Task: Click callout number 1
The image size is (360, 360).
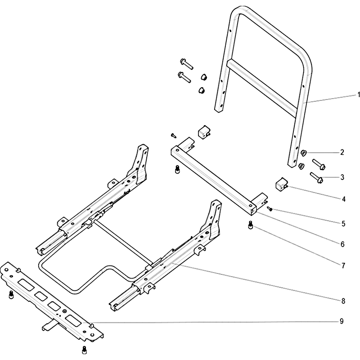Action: tap(358, 95)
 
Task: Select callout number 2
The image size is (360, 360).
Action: tap(342, 152)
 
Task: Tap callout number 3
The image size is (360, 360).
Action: tap(342, 177)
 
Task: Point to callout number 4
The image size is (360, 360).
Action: tap(343, 199)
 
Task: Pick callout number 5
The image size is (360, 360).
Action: tap(343, 223)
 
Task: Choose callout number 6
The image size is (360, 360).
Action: tap(342, 244)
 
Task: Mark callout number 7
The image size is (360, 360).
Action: tap(343, 265)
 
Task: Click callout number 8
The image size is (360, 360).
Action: tap(343, 301)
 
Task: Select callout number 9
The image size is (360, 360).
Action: tap(342, 321)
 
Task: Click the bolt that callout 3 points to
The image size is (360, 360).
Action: tap(317, 178)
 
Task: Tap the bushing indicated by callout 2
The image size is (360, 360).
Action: tap(304, 153)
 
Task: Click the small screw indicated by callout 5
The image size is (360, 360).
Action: tap(270, 208)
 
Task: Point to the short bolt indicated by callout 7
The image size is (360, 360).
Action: tap(250, 225)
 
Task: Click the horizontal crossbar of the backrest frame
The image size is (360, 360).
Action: tap(262, 88)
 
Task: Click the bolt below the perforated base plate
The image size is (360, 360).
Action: tap(85, 350)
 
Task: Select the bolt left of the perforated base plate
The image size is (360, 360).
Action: tap(11, 295)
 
